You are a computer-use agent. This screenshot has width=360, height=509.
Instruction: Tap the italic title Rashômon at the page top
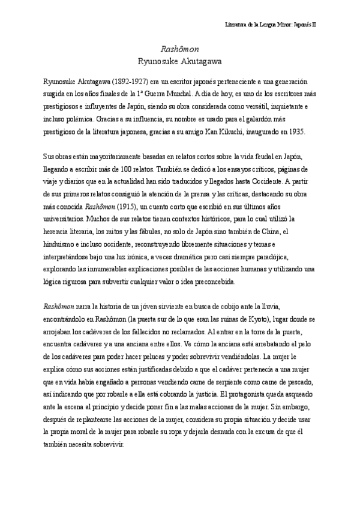[x=180, y=49]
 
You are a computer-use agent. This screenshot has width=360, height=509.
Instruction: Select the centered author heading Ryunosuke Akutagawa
[x=180, y=61]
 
